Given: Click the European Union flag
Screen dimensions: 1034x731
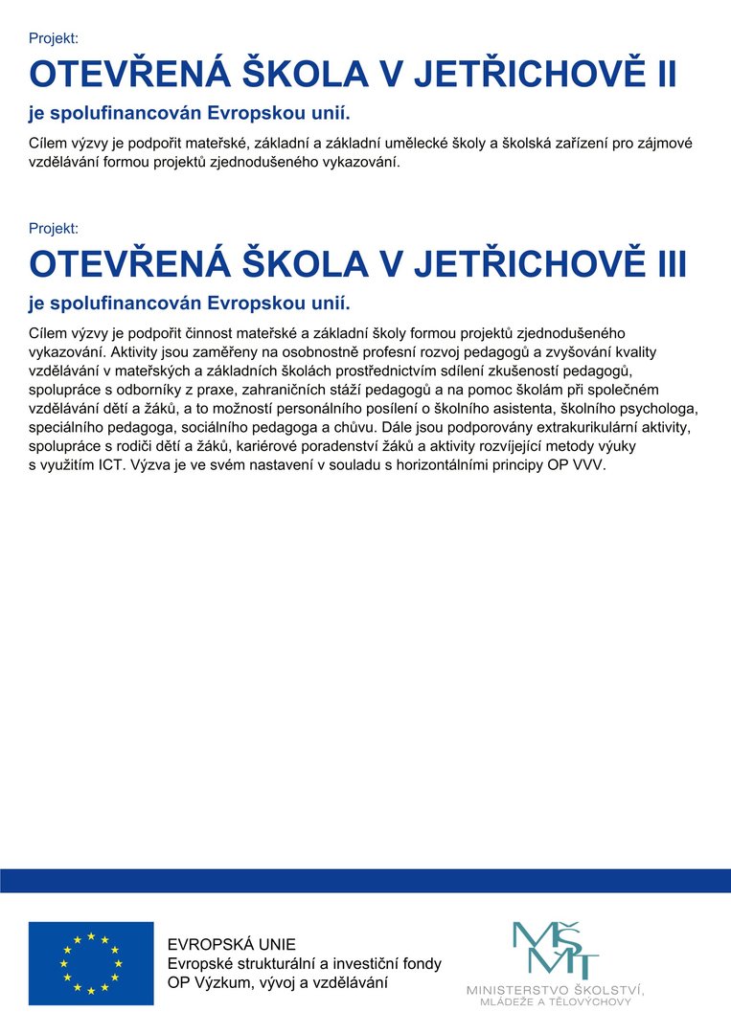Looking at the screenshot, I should point(91,963).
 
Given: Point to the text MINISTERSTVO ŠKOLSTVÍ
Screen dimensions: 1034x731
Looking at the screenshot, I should point(555,988).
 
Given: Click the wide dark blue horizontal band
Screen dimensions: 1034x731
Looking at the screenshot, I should point(365,881).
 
